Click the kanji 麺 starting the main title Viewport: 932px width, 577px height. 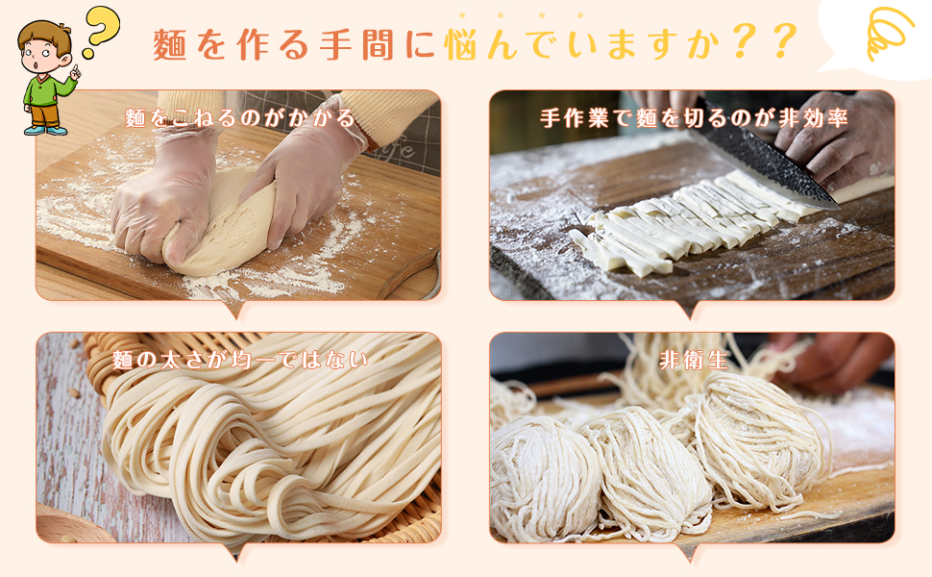(x=170, y=44)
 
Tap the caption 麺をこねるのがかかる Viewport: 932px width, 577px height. (x=240, y=118)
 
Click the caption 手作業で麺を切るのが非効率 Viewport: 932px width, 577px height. (x=693, y=118)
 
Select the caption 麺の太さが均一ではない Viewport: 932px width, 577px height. (x=240, y=360)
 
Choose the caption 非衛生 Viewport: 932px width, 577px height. (x=693, y=360)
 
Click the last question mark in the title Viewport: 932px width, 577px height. (x=783, y=42)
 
